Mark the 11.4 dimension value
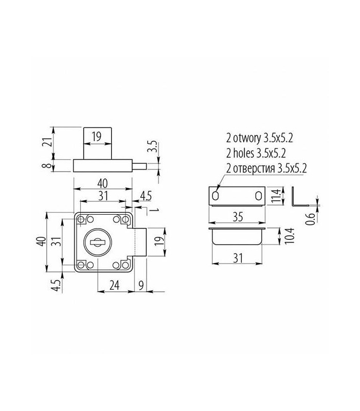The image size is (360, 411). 276,196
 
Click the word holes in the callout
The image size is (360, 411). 245,153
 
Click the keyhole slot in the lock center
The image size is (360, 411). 98,240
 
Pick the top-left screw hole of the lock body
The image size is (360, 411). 81,219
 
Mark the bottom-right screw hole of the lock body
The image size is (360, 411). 124,265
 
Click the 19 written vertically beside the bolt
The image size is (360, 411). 159,242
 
